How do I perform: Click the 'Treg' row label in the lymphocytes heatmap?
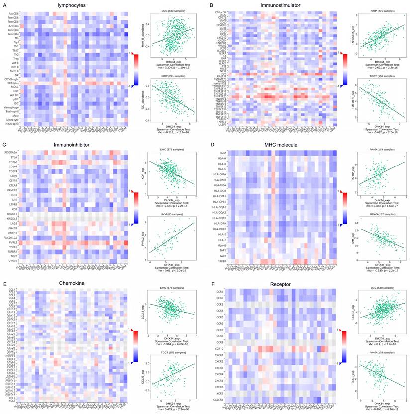(x=16, y=59)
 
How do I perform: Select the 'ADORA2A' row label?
(x=11, y=152)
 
